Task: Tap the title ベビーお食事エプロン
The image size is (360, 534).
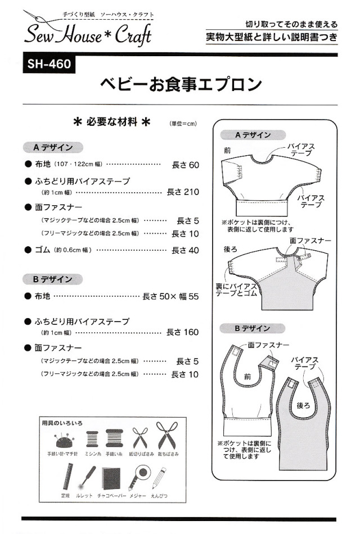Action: [x=181, y=84]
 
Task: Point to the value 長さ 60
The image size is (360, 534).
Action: [x=185, y=165]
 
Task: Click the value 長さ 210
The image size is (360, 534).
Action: [x=183, y=192]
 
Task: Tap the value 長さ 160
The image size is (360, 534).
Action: [x=183, y=332]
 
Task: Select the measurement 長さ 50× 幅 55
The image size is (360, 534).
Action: [x=171, y=297]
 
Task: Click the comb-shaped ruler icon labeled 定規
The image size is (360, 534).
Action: [x=65, y=478]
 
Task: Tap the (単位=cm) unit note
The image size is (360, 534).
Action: [x=182, y=124]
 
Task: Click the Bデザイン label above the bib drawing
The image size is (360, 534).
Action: [x=252, y=328]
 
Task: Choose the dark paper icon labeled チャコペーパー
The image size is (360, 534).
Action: [x=111, y=478]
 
